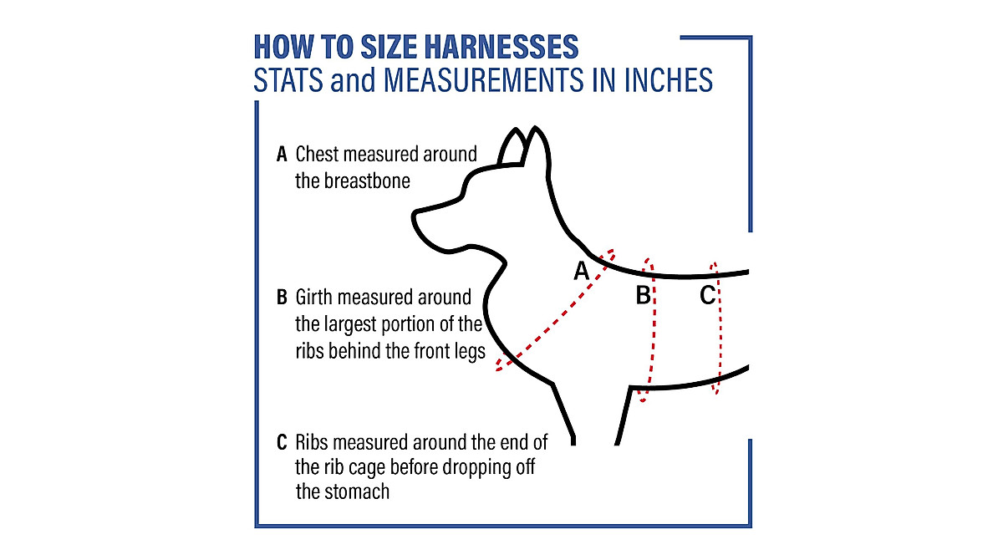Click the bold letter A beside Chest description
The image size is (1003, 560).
tap(282, 155)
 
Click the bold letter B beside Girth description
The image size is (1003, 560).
tap(282, 298)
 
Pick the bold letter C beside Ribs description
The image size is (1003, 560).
tap(282, 441)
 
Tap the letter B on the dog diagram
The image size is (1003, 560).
tap(643, 295)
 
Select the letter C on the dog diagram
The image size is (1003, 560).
tap(707, 295)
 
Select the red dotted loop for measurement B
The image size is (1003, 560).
tap(652, 334)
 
